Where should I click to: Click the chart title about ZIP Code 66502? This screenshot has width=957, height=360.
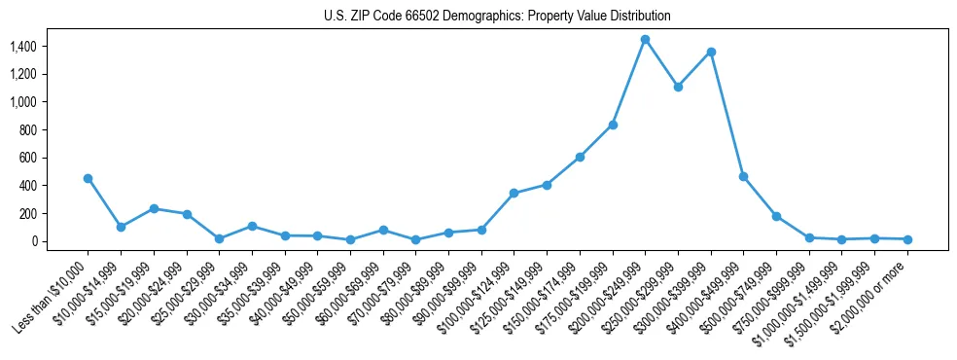pos(497,17)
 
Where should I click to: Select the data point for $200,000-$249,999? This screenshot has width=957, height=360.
pos(645,39)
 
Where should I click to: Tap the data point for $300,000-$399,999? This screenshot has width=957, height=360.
pos(711,52)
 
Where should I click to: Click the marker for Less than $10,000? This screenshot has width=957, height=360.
pos(89,178)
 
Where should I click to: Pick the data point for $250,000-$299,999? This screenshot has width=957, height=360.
pos(678,87)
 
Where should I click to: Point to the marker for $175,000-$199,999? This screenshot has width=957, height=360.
pos(613,125)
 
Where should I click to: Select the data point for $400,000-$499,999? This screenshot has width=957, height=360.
pos(743,176)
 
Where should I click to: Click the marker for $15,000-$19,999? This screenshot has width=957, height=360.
pos(154,208)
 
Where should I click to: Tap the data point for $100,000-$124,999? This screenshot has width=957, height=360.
pos(514,193)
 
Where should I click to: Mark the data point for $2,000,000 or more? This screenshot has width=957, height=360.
pos(907,239)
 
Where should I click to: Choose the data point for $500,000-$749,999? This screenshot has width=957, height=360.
pos(776,216)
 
